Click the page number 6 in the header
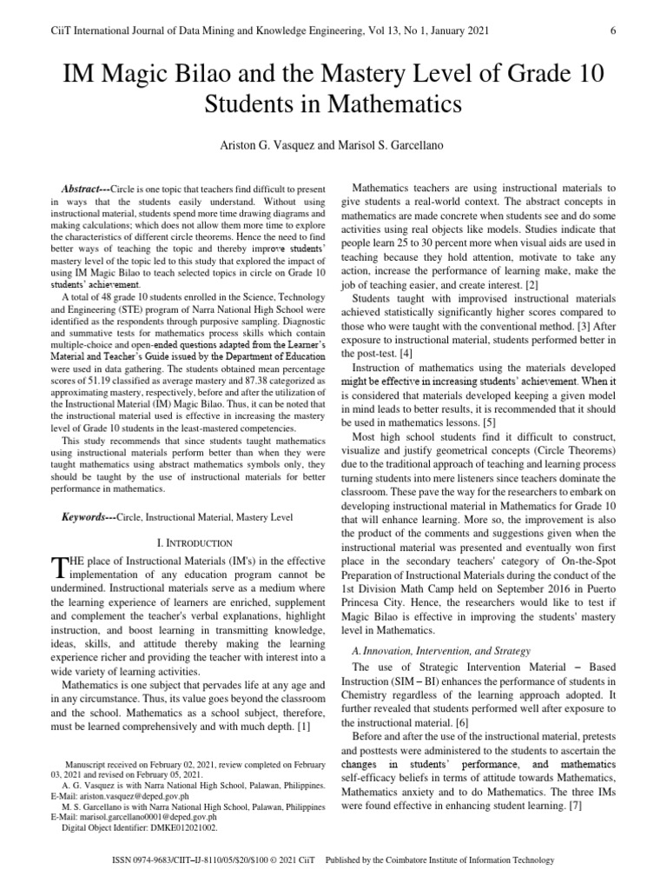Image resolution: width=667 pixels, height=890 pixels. [x=613, y=31]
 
